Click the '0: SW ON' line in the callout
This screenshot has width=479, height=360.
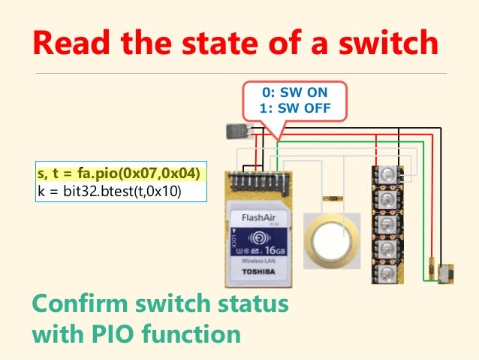pos(294,92)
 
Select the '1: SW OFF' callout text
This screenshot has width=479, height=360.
pos(294,107)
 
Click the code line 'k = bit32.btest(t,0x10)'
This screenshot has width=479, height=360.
pos(110,191)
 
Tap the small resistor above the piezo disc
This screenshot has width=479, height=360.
pos(330,199)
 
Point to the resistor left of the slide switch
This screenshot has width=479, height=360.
pos(432,268)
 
